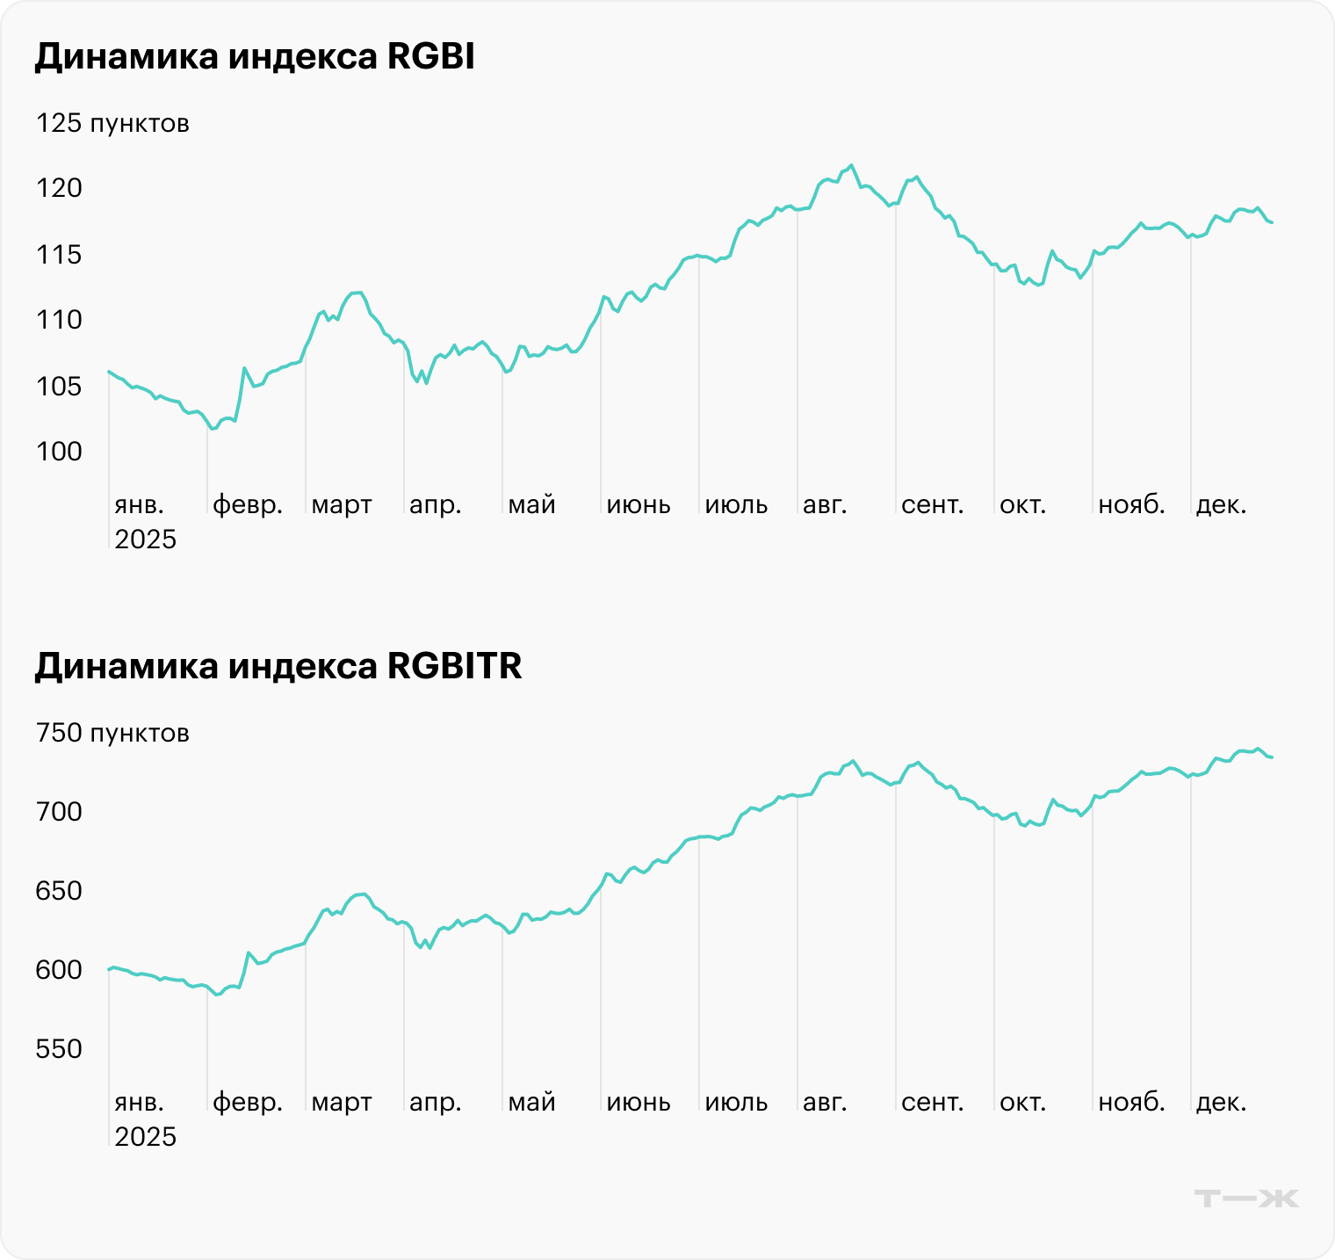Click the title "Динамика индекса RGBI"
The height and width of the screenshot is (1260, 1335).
pos(255,57)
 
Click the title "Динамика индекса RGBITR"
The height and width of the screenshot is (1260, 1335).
pos(278,666)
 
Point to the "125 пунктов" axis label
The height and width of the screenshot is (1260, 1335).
pos(112,123)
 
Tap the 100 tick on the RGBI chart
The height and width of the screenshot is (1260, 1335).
pos(59,452)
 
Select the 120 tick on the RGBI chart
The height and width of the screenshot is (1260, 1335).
pos(59,188)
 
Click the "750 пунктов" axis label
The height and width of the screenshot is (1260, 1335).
pos(112,733)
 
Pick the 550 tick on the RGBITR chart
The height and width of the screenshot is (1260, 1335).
pos(59,1049)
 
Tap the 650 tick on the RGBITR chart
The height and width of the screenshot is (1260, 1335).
pos(59,891)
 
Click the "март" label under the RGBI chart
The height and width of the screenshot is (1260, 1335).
pos(342,505)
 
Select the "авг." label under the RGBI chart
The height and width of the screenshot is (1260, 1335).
pos(825,505)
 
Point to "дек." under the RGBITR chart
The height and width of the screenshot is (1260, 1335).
pos(1221,1102)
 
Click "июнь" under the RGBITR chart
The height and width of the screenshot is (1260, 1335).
pos(639,1102)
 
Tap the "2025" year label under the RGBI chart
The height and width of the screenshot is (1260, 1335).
pos(146,539)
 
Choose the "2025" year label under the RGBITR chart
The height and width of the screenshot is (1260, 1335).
pos(146,1137)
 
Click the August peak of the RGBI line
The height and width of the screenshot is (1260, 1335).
pos(851,165)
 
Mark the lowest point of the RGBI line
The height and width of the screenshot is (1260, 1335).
pos(212,429)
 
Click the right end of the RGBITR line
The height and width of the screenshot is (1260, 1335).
pos(1271,757)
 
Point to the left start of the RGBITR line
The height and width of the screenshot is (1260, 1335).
pos(109,969)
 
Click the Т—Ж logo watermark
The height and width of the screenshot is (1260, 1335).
pos(1246,1198)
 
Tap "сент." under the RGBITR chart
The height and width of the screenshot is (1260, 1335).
pos(933,1102)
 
